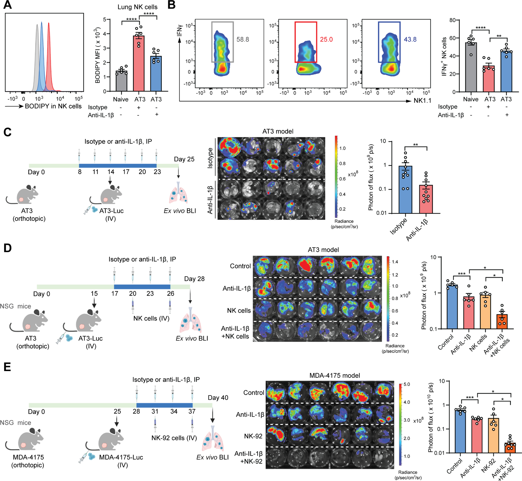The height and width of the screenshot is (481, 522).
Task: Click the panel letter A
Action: point(8,5)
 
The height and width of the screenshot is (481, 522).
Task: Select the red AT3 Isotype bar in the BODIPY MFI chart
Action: point(139,64)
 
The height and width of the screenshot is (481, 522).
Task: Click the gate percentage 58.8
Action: point(243,39)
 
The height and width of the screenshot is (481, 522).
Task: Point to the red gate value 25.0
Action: point(326,39)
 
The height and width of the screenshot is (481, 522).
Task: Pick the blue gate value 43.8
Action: point(410,39)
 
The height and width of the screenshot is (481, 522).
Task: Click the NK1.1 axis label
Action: point(423,101)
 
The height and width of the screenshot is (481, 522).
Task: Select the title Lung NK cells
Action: point(137,7)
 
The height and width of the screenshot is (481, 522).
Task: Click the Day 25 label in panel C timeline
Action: point(184,159)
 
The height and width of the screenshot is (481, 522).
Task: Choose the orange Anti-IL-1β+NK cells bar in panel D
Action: point(502,321)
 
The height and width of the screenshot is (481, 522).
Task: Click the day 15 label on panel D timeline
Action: point(94,293)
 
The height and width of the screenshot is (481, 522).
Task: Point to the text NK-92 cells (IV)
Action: point(174,438)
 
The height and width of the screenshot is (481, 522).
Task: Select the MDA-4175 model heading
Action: point(335,375)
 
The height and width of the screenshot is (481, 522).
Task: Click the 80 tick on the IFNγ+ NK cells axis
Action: point(452,20)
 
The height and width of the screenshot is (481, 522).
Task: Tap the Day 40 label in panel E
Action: point(218,397)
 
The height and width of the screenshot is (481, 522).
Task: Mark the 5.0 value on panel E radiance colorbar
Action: point(407,384)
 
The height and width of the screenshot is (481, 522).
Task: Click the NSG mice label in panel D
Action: point(15,306)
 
